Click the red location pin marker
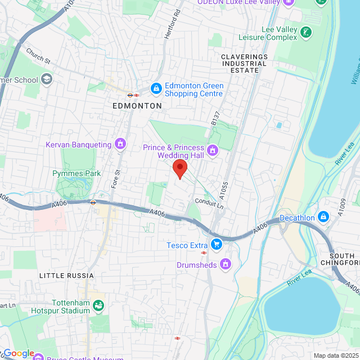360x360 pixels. tap(179, 168)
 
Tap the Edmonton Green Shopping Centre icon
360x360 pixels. tap(155, 88)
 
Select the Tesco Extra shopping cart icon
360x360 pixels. tap(216, 245)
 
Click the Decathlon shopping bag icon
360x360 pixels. tap(323, 217)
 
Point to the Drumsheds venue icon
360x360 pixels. tap(226, 263)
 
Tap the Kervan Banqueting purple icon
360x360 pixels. tap(120, 145)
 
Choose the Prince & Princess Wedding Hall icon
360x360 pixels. tap(213, 150)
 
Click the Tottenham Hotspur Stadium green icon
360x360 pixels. tap(98, 305)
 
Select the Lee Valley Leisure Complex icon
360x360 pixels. tap(305, 32)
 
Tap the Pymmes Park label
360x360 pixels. tap(76, 173)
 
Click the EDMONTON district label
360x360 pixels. tap(137, 106)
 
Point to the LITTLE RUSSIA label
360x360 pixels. tap(66, 276)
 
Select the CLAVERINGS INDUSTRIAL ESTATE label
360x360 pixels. tap(247, 64)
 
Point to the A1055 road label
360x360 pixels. tap(224, 190)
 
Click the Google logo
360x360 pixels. tap(19, 353)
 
